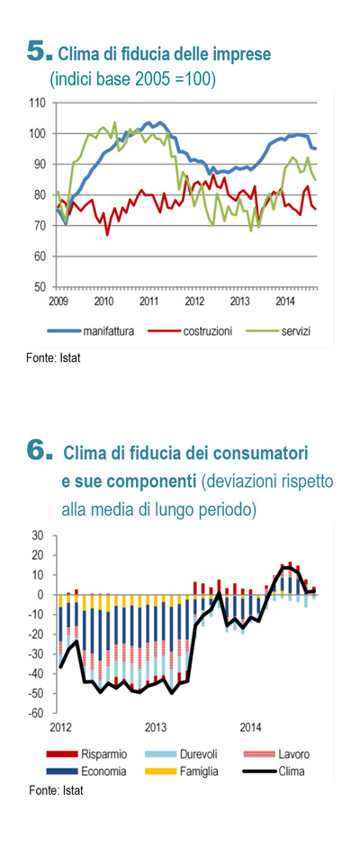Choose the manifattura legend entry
pos(90,330)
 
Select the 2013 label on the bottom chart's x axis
pos(156,727)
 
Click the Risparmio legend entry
pos(87,754)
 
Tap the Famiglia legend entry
pos(182,771)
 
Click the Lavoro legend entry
pos(275,754)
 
